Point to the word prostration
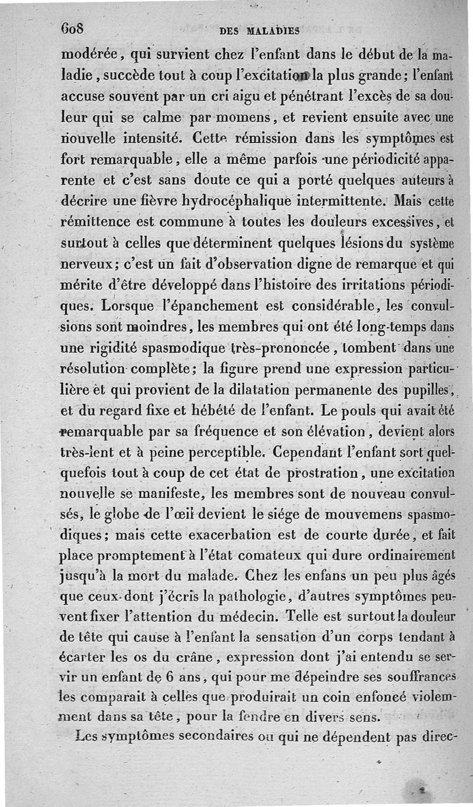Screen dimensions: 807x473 point(312,474)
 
